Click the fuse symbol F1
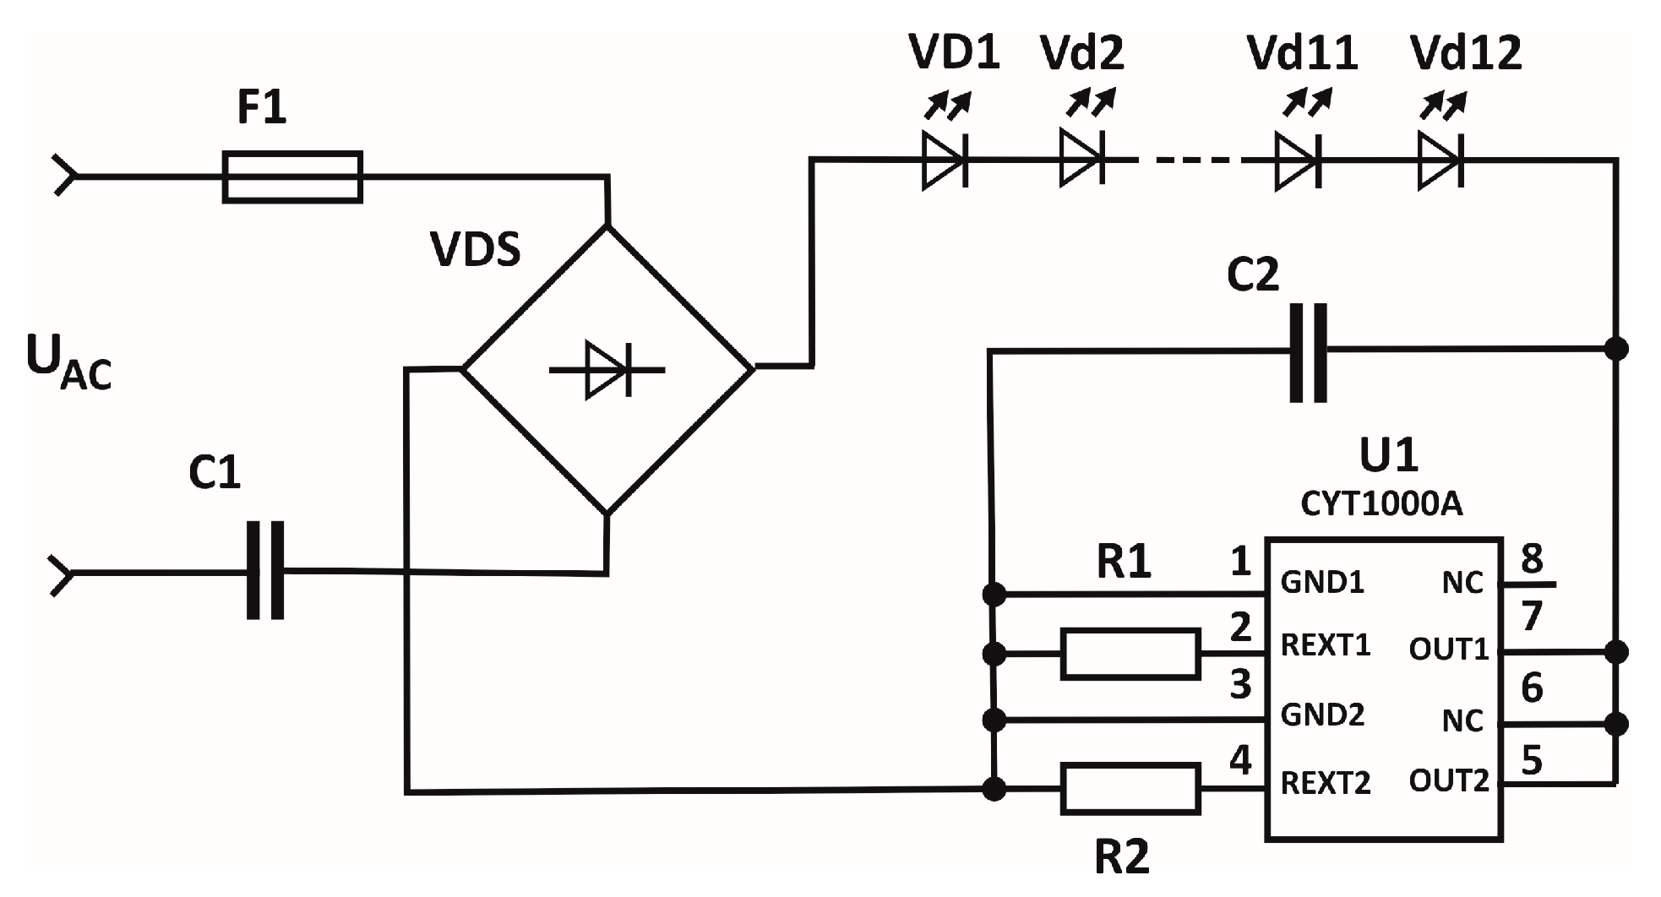pyautogui.click(x=292, y=177)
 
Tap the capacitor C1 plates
pyautogui.click(x=265, y=571)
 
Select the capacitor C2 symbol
pyautogui.click(x=1308, y=352)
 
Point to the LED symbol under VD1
pyautogui.click(x=945, y=160)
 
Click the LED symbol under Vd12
pyautogui.click(x=1440, y=160)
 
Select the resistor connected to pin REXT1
pyautogui.click(x=1130, y=653)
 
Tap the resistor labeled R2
pyautogui.click(x=1130, y=789)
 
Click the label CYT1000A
pyautogui.click(x=1381, y=504)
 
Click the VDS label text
pyautogui.click(x=475, y=250)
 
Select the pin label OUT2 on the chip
pyautogui.click(x=1448, y=781)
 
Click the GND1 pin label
pyautogui.click(x=1322, y=583)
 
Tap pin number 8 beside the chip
pyautogui.click(x=1531, y=559)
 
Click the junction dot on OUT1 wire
pyautogui.click(x=1615, y=652)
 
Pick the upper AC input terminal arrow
pyautogui.click(x=64, y=176)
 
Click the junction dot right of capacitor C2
pyautogui.click(x=1615, y=348)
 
